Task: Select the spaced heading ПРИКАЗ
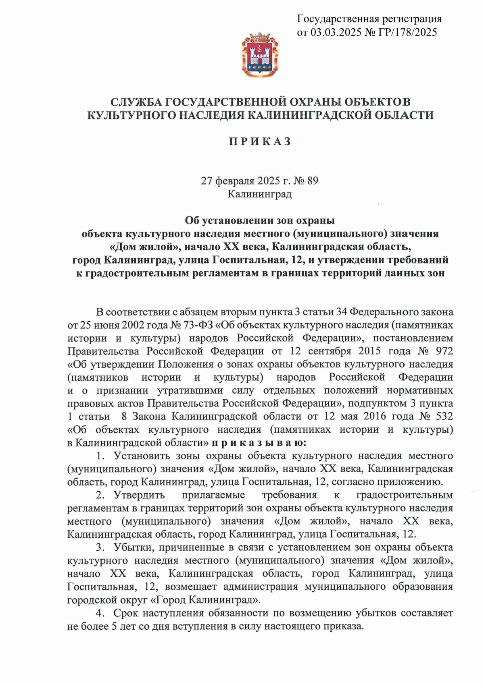(260, 141)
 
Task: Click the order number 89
(313, 180)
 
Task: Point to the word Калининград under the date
(259, 194)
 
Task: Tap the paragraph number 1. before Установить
(100, 456)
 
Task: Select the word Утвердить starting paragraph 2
(139, 495)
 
